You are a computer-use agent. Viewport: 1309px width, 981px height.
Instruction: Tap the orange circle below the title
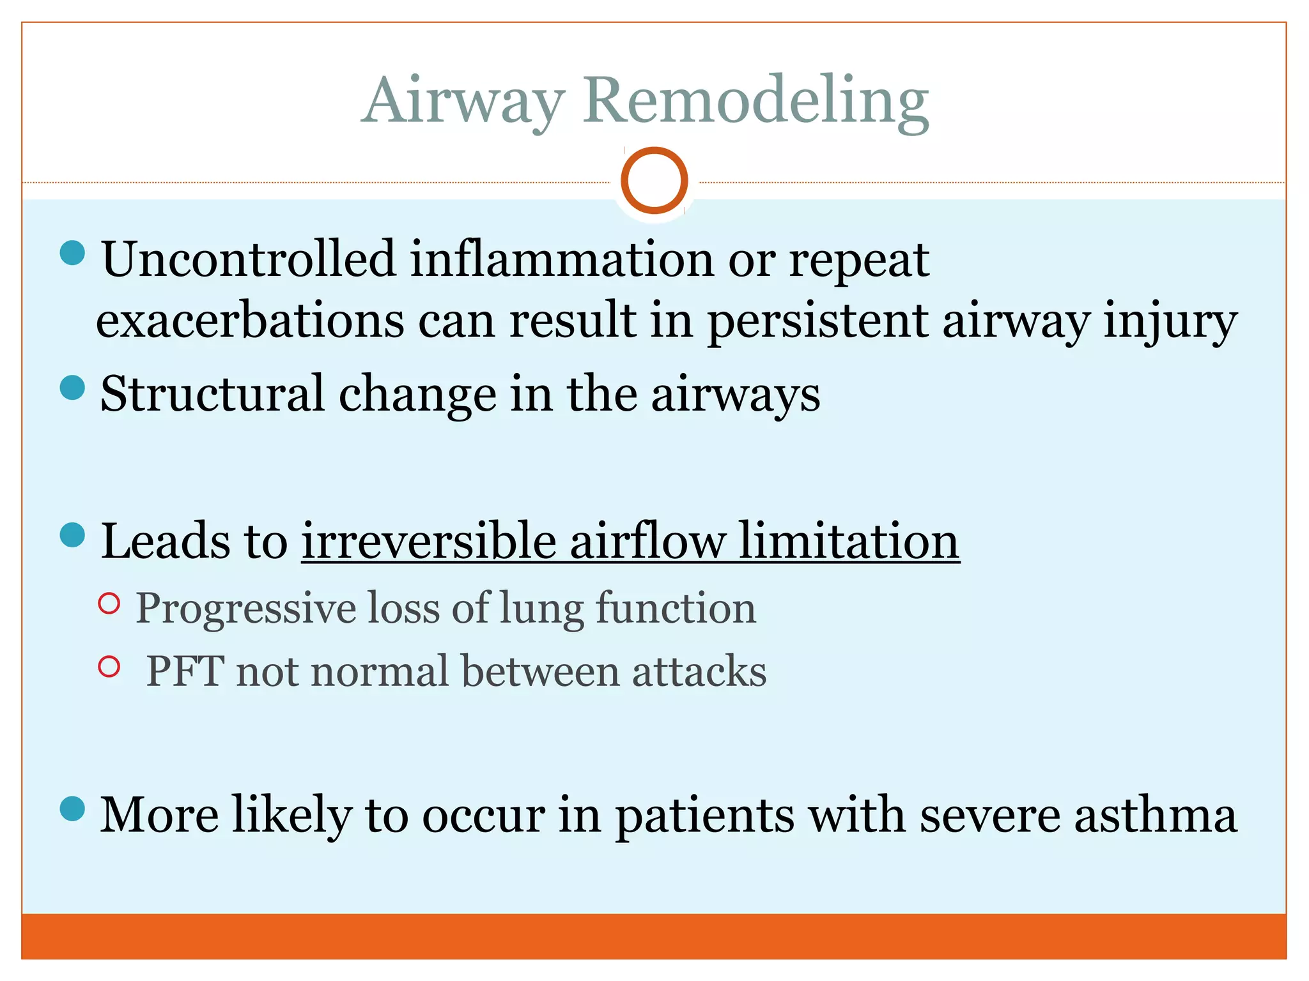[654, 181]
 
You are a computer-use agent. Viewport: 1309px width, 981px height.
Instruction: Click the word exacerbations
[250, 321]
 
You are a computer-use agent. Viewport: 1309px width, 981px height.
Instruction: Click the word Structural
[212, 394]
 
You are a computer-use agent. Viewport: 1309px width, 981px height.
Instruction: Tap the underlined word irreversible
[430, 542]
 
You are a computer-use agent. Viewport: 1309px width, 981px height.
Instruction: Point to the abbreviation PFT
[185, 672]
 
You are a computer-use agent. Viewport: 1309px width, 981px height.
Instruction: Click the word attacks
[699, 672]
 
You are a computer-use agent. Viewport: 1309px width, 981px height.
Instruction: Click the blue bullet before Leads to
[72, 535]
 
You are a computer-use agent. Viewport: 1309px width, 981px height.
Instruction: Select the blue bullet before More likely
[72, 809]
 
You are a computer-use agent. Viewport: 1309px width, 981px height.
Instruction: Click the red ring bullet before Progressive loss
[109, 603]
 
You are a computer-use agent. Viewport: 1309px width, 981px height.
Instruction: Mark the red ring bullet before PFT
[109, 667]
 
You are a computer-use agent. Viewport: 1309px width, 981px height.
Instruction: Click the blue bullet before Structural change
[72, 388]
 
